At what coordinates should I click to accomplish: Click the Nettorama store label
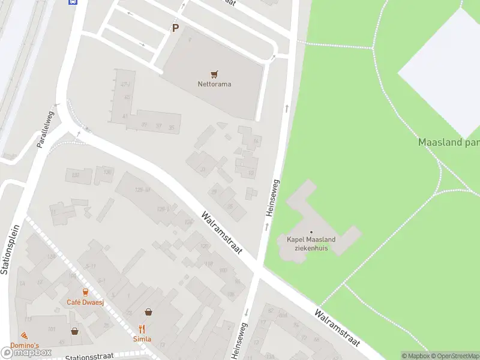214,84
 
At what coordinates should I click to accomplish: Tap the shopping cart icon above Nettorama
214,74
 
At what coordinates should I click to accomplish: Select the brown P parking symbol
175,28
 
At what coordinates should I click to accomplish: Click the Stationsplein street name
11,249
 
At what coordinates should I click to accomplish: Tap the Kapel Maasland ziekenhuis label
311,244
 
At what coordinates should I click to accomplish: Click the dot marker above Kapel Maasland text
311,232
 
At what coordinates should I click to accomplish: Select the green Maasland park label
448,143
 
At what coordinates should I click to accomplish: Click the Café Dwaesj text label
85,302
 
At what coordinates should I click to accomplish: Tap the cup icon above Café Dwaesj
85,292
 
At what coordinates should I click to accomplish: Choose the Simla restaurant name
142,338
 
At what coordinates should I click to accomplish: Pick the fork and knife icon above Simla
142,329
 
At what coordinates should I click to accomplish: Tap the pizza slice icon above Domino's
24,335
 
